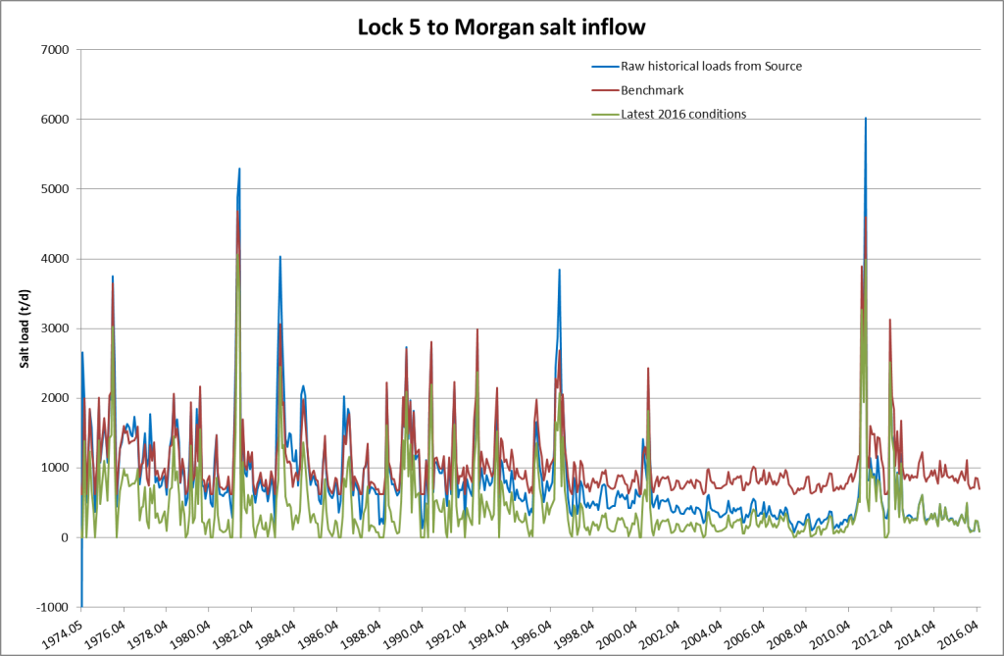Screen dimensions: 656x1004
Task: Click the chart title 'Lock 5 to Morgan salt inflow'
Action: click(501, 27)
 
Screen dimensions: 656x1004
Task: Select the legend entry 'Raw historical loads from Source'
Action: click(712, 66)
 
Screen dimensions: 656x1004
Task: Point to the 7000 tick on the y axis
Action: click(55, 49)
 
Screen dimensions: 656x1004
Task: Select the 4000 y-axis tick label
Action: click(55, 259)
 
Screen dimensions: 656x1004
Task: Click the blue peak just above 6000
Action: click(865, 119)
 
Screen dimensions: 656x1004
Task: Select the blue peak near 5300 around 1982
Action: click(239, 169)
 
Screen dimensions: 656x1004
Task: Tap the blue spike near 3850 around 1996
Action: click(560, 270)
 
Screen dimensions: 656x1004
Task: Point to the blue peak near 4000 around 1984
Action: click(280, 257)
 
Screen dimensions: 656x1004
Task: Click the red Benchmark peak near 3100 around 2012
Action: click(889, 320)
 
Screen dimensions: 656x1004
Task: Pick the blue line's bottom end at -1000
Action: click(81, 606)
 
